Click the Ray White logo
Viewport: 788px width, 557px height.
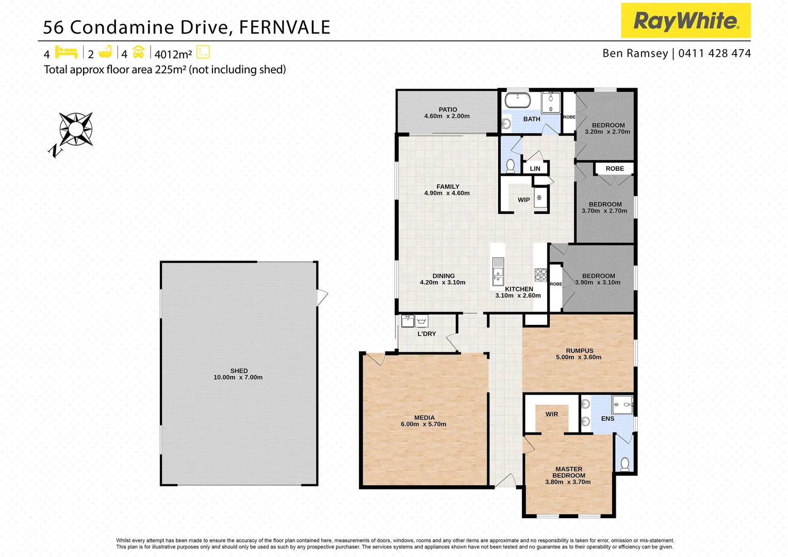(x=685, y=21)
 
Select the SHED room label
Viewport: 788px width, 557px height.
(x=239, y=371)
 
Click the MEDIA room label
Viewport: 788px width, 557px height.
(x=424, y=418)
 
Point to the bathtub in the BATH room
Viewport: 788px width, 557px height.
(x=517, y=100)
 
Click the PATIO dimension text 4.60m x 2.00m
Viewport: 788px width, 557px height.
(x=447, y=117)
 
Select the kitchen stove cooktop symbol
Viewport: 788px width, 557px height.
(x=540, y=274)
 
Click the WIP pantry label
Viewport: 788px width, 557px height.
(x=523, y=200)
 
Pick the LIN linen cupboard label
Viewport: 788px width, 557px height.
(x=535, y=169)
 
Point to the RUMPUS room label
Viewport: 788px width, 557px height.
(x=579, y=351)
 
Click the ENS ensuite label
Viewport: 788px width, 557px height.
(x=608, y=419)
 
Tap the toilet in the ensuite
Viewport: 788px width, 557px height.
(x=625, y=464)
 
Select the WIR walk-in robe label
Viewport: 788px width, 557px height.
(x=551, y=414)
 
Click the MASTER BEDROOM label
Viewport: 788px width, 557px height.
(x=569, y=472)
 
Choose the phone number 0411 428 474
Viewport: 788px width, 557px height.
(x=714, y=53)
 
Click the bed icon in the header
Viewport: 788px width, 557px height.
(x=66, y=52)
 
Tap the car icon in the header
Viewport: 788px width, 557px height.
(x=138, y=52)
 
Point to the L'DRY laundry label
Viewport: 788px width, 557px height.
(x=426, y=334)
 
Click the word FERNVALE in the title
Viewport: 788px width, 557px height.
(x=284, y=27)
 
